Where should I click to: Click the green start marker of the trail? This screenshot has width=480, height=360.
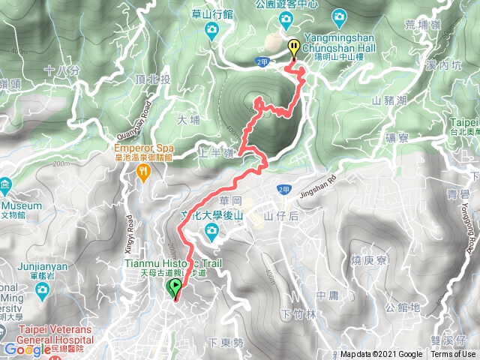[x=175, y=288]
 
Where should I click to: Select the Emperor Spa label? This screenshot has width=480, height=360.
[x=143, y=148]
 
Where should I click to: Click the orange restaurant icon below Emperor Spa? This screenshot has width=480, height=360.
[x=143, y=172]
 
